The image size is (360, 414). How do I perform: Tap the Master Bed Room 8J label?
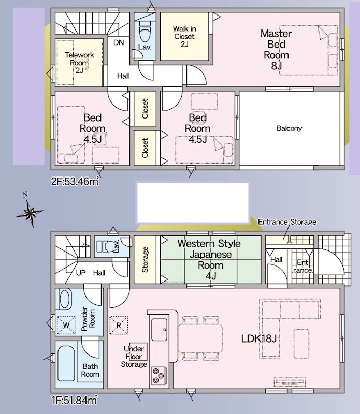point(276,49)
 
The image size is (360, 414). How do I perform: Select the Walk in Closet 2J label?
point(184,36)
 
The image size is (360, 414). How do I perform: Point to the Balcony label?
point(289,128)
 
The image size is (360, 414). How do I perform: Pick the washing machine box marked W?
point(66,325)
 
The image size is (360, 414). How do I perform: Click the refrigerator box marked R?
point(119,325)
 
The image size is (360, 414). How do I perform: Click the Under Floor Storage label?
point(134,357)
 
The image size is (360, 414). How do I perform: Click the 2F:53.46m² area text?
point(75,181)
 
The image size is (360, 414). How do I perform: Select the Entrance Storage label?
point(287,221)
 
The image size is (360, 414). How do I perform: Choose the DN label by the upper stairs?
point(118,43)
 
